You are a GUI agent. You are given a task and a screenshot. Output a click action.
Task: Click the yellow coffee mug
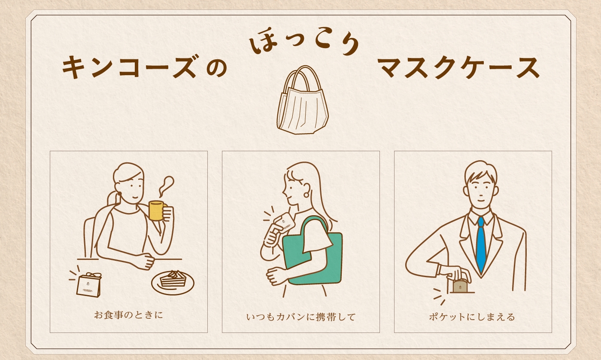pyautogui.click(x=156, y=211)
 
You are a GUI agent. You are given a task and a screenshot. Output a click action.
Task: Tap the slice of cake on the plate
pyautogui.click(x=173, y=280)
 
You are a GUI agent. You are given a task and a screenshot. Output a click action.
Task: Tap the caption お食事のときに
pyautogui.click(x=128, y=315)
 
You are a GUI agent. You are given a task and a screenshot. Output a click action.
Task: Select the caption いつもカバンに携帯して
pyautogui.click(x=301, y=317)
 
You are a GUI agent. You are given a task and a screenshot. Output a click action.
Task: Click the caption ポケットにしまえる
pyautogui.click(x=472, y=317)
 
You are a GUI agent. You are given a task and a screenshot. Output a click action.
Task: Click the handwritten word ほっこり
pyautogui.click(x=305, y=45)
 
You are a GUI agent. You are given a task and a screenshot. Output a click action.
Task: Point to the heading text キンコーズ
pyautogui.click(x=129, y=68)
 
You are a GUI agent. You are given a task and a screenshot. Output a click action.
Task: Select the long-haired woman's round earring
pyautogui.click(x=306, y=195)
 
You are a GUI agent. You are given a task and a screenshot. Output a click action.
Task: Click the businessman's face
pyautogui.click(x=481, y=189)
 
